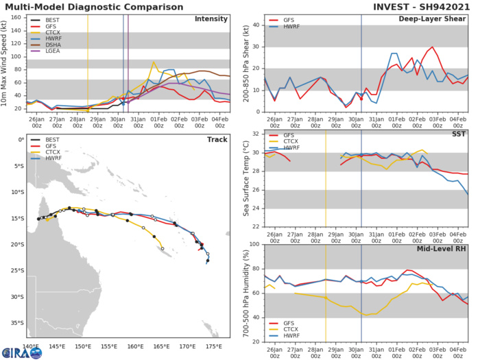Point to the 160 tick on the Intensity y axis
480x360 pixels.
pos(16,18)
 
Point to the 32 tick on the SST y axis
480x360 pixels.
pos(254,134)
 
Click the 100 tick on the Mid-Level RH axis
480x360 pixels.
pos(253,244)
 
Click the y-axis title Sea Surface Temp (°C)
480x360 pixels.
pos(245,180)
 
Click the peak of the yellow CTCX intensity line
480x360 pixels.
pos(154,62)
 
